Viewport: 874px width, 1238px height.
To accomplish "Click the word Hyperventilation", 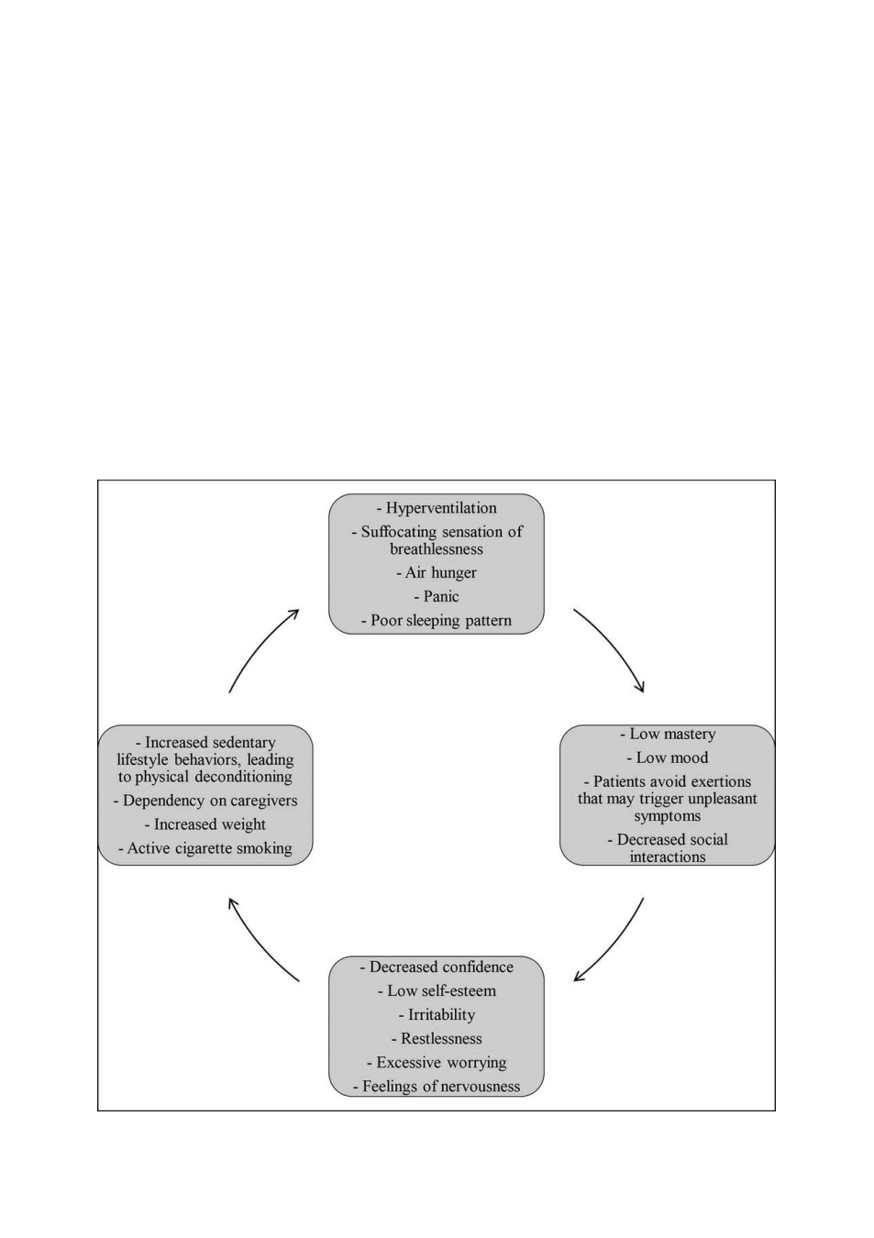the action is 441,508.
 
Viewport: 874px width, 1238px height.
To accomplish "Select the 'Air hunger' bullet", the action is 437,572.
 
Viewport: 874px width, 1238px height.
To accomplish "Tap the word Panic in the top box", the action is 441,596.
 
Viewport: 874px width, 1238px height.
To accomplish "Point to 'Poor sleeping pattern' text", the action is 437,620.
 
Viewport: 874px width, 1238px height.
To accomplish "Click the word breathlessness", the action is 437,548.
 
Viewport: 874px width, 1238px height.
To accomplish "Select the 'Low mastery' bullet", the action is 668,734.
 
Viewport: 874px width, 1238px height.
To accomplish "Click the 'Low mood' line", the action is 668,757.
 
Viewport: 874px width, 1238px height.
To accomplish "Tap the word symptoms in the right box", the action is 668,816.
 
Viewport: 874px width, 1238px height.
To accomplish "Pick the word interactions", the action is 668,857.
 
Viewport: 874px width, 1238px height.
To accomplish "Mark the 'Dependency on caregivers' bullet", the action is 205,801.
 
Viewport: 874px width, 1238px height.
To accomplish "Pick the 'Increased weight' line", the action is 205,824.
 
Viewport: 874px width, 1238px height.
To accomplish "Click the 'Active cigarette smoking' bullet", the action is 205,848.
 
